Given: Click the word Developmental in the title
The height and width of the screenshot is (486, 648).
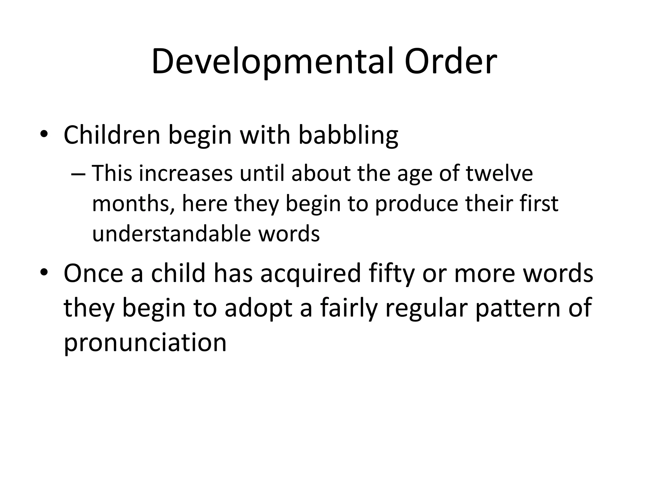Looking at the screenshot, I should click(x=272, y=62).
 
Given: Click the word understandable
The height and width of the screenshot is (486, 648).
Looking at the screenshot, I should click(x=171, y=234).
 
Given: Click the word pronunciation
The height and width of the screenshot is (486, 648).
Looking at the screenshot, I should click(x=145, y=343).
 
